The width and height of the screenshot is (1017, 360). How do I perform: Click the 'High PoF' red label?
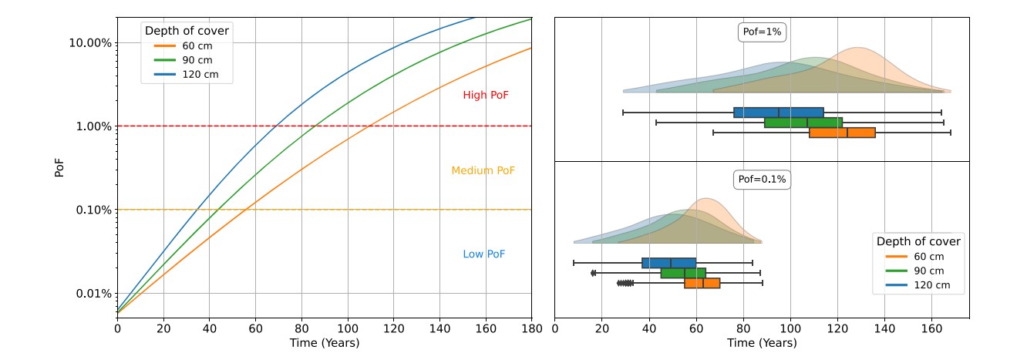(485, 95)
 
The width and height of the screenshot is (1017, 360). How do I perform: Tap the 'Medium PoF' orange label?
(483, 170)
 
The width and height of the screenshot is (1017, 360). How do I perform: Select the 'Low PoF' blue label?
(484, 254)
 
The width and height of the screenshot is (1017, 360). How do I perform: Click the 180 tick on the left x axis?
(531, 329)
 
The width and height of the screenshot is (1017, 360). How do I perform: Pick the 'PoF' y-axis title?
(59, 167)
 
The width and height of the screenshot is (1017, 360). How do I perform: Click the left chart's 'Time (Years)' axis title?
(325, 343)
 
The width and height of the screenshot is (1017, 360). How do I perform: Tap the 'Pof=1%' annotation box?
(762, 32)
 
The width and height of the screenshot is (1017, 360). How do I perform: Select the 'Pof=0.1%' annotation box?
(762, 180)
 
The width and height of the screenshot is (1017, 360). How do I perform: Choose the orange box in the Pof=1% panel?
(842, 133)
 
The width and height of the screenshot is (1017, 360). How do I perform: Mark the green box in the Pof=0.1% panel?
(683, 273)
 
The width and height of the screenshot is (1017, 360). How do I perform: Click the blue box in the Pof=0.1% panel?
(669, 263)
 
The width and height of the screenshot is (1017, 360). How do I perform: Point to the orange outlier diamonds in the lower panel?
(625, 283)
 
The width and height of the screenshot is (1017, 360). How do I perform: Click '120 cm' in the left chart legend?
(197, 74)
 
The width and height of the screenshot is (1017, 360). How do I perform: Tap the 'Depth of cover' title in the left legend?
(188, 31)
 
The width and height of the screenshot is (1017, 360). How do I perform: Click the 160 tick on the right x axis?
(931, 329)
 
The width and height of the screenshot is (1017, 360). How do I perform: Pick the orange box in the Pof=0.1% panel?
(702, 283)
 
